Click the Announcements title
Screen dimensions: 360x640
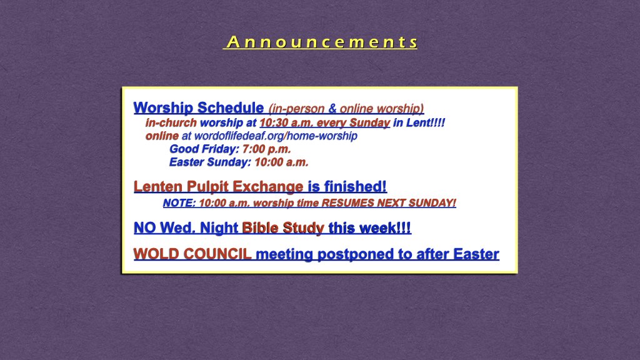click(320, 42)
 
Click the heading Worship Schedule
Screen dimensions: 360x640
click(198, 107)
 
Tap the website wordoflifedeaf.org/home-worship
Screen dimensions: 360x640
click(276, 136)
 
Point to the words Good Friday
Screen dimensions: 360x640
click(204, 149)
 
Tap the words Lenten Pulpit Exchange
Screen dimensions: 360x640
click(219, 186)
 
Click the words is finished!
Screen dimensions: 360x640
click(347, 186)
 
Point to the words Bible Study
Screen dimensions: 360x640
click(282, 228)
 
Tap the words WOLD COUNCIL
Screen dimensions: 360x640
click(192, 254)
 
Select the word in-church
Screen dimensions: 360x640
click(171, 123)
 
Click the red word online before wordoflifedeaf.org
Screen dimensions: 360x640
click(162, 136)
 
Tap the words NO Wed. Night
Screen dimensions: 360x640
click(186, 228)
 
